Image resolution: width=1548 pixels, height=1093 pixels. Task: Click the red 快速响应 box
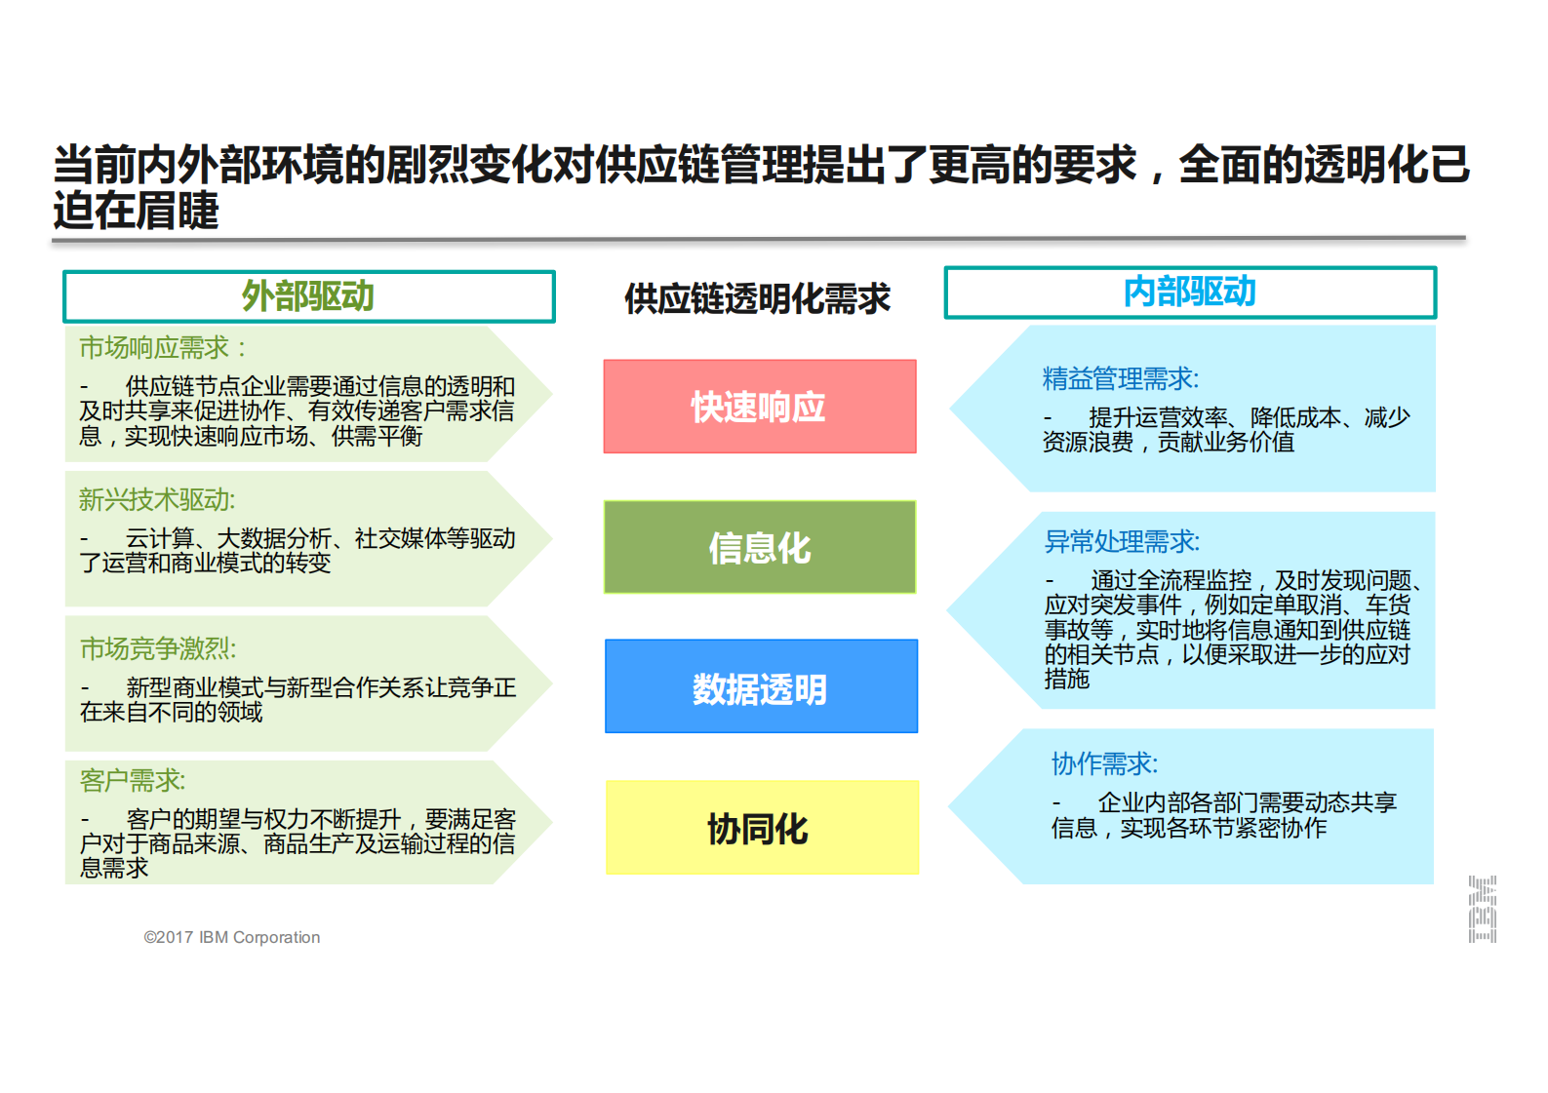[x=759, y=407]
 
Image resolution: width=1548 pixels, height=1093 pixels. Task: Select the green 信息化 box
[x=759, y=547]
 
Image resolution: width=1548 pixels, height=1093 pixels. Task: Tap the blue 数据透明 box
[x=760, y=686]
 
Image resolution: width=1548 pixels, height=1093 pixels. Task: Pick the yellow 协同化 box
[x=761, y=828]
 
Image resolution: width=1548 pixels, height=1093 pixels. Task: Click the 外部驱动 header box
[x=308, y=296]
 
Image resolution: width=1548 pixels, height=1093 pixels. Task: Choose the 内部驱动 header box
[x=1189, y=292]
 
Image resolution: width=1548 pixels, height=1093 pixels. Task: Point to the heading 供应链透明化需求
[x=757, y=298]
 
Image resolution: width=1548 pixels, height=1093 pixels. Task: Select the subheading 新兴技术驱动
[x=157, y=500]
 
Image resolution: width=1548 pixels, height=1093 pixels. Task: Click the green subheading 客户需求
[x=132, y=780]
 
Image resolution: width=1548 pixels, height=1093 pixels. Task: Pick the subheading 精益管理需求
[x=1120, y=378]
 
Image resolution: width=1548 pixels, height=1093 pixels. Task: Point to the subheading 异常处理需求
[x=1122, y=541]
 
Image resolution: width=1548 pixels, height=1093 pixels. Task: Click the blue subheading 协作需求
[x=1104, y=763]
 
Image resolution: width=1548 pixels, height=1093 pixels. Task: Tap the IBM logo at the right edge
[x=1482, y=909]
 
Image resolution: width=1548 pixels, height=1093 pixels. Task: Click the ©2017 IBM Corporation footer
[x=232, y=937]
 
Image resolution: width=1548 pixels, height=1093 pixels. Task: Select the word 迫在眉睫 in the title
[x=137, y=211]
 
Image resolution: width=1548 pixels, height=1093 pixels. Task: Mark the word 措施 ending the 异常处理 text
[x=1066, y=679]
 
